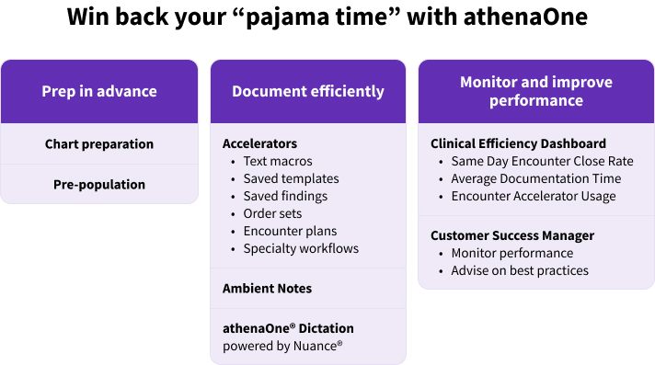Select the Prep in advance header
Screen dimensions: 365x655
[x=99, y=91]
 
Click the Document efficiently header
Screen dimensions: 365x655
[x=308, y=91]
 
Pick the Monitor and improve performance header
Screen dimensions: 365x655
[x=536, y=91]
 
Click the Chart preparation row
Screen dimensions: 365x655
[x=99, y=144]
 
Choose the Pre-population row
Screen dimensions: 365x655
[x=99, y=185]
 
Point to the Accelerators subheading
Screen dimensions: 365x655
[x=259, y=144]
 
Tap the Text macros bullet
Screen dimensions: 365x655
[x=279, y=162]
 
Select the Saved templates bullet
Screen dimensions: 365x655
[x=291, y=179]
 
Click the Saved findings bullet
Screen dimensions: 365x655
[x=285, y=196]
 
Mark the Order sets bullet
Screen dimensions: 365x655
[x=272, y=213]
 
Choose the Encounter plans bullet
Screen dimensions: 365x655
[x=290, y=231]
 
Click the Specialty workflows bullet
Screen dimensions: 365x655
[x=301, y=248]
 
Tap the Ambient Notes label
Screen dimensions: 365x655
[x=267, y=289]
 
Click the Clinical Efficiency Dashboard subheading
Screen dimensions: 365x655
[x=518, y=144]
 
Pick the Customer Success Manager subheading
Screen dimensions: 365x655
[x=512, y=236]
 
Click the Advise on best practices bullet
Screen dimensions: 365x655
[x=520, y=270]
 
